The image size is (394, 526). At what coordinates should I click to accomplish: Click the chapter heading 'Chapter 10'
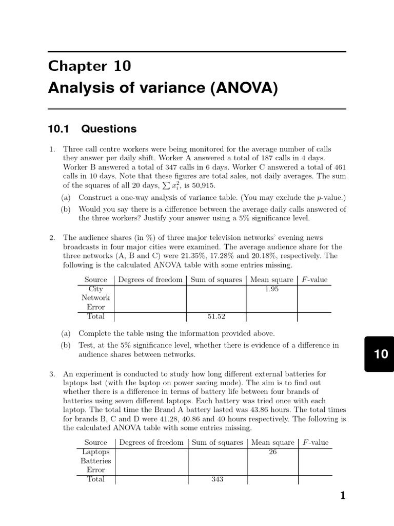89,66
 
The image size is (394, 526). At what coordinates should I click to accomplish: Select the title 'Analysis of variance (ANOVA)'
163,88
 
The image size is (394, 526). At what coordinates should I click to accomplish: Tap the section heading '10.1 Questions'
92,129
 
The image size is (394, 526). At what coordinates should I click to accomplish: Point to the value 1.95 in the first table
271,289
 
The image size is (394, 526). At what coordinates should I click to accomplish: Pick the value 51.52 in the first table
215,317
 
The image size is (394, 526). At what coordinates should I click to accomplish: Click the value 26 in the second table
272,452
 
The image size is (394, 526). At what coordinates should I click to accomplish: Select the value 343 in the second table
217,479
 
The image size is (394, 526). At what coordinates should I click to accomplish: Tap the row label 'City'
95,289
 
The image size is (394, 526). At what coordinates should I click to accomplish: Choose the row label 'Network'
95,298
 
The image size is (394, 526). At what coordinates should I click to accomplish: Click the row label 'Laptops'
96,452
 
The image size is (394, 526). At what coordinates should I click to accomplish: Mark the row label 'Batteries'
96,461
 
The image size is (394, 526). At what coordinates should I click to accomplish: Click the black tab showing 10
381,354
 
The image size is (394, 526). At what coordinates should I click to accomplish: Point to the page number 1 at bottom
343,496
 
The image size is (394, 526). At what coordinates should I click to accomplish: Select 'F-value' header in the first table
313,280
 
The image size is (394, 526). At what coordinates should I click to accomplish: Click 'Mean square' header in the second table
272,442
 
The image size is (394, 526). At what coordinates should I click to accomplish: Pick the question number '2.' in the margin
52,237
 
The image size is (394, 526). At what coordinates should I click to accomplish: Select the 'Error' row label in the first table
95,307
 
